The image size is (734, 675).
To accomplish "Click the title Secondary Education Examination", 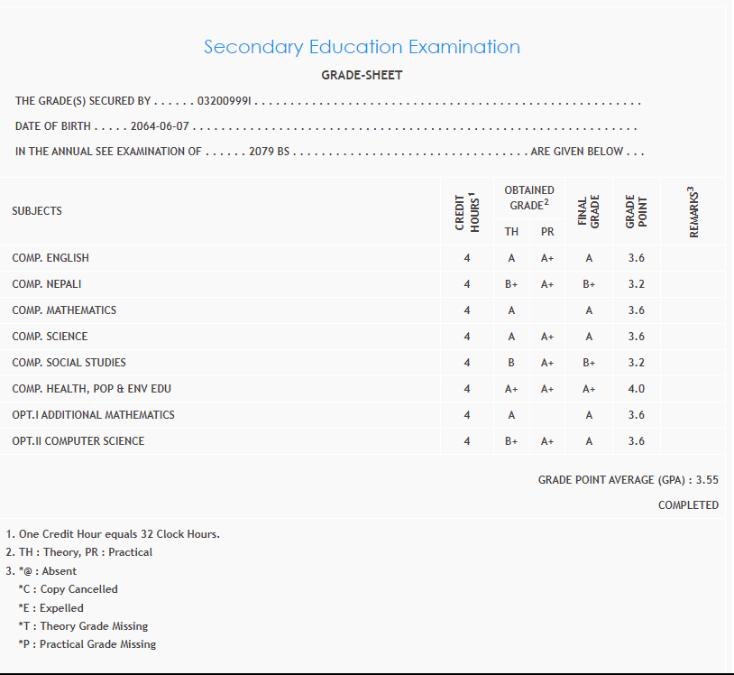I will [362, 47].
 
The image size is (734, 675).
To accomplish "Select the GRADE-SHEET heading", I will [362, 75].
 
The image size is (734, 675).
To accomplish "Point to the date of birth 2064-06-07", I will [161, 126].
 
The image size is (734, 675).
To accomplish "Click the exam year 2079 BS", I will [269, 152].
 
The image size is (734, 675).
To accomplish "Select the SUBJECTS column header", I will [37, 211].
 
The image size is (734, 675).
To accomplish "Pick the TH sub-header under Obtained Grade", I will [511, 232].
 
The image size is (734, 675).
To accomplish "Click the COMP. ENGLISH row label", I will [50, 258].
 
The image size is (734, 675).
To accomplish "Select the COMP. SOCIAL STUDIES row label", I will [69, 363].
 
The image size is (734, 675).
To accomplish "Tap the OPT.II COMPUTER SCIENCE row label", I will [78, 441].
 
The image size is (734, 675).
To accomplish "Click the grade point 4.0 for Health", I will [636, 389].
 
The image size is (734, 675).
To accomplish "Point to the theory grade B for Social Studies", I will [511, 363].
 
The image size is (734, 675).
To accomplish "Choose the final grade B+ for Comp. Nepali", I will [589, 284].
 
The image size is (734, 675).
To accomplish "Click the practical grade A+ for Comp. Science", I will [547, 337].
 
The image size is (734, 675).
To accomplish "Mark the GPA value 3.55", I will [707, 480].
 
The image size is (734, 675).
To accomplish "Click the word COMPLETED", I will [688, 505].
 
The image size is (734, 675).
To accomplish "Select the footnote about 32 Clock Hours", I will [118, 534].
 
